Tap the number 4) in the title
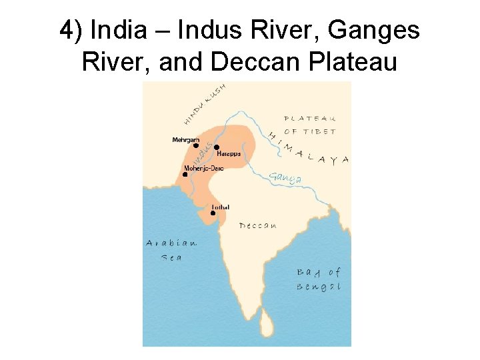tap(71, 31)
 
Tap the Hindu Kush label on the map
tap(204, 103)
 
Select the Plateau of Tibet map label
tap(310, 125)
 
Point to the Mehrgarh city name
tap(186, 139)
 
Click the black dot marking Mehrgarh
tap(196, 145)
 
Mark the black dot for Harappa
tap(217, 147)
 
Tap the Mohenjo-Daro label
tap(203, 168)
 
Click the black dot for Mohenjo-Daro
tap(185, 175)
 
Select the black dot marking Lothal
tap(213, 213)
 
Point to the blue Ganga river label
tap(285, 178)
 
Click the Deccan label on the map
tap(258, 226)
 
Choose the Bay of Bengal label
tap(318, 279)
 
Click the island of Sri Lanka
tap(267, 326)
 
